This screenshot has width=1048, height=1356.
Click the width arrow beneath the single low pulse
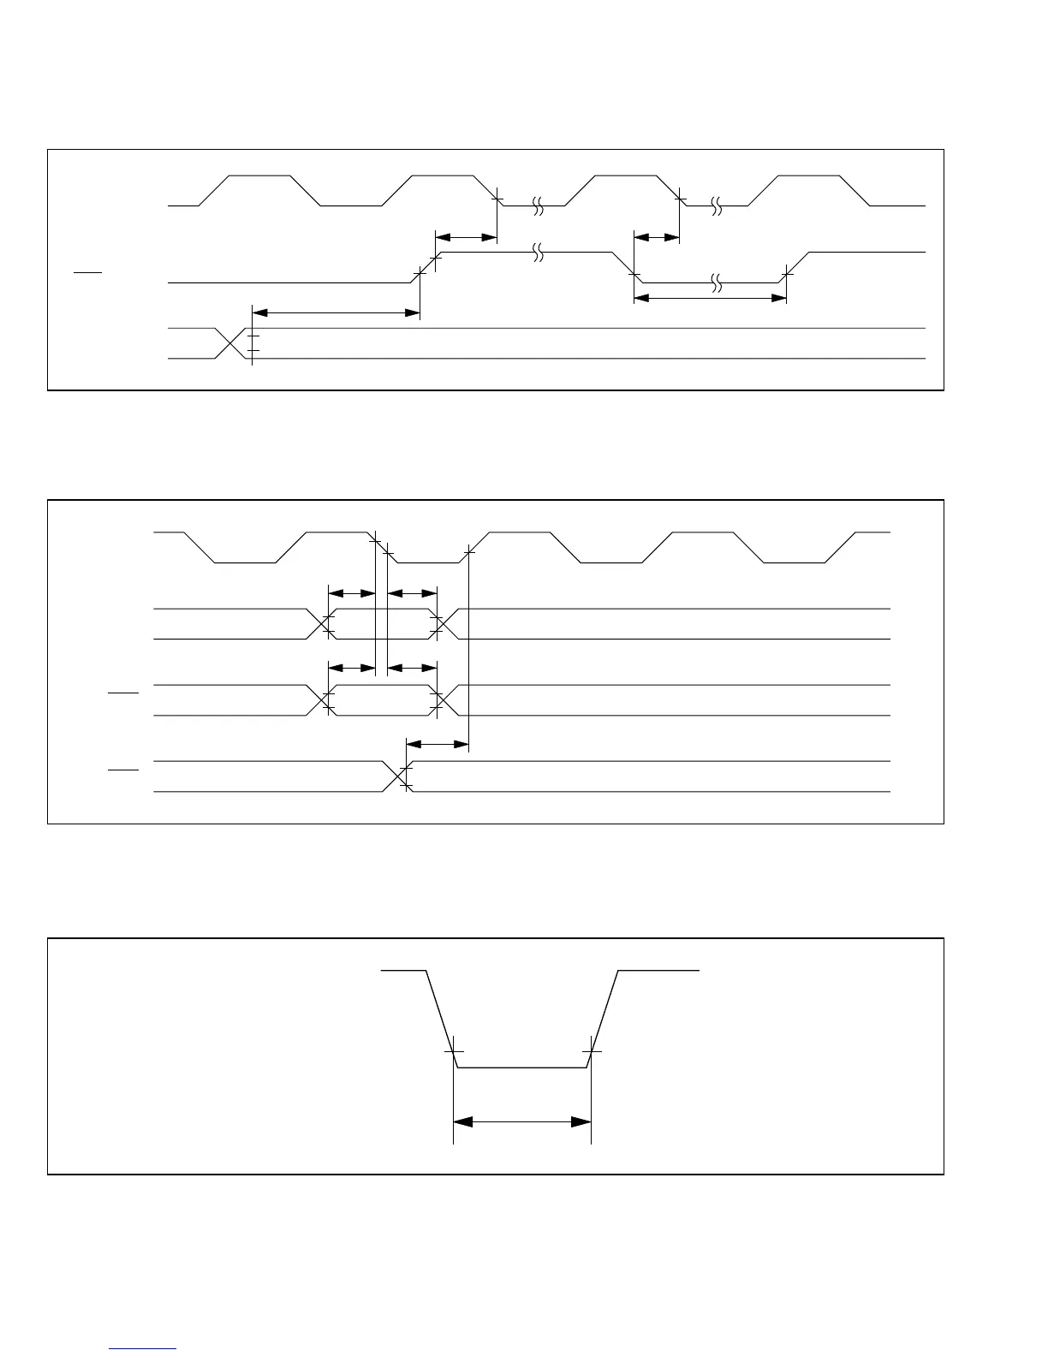point(522,1121)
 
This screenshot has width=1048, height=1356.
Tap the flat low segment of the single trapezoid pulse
point(522,1068)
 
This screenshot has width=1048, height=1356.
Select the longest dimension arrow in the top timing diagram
point(336,313)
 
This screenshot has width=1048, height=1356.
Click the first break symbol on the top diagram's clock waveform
point(538,205)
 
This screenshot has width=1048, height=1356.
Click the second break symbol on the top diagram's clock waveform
point(717,205)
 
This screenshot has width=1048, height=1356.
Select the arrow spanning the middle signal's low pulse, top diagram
point(710,298)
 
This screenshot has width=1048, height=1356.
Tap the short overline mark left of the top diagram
point(87,272)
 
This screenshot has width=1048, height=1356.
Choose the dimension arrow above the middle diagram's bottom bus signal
point(438,745)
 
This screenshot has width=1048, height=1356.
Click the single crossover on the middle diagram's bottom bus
point(396,776)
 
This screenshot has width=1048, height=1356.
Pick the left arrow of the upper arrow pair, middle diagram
point(352,592)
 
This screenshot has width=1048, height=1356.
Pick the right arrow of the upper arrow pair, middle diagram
point(412,592)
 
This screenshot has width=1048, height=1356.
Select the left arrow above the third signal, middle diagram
point(352,668)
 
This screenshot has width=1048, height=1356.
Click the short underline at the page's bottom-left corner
point(143,1349)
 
